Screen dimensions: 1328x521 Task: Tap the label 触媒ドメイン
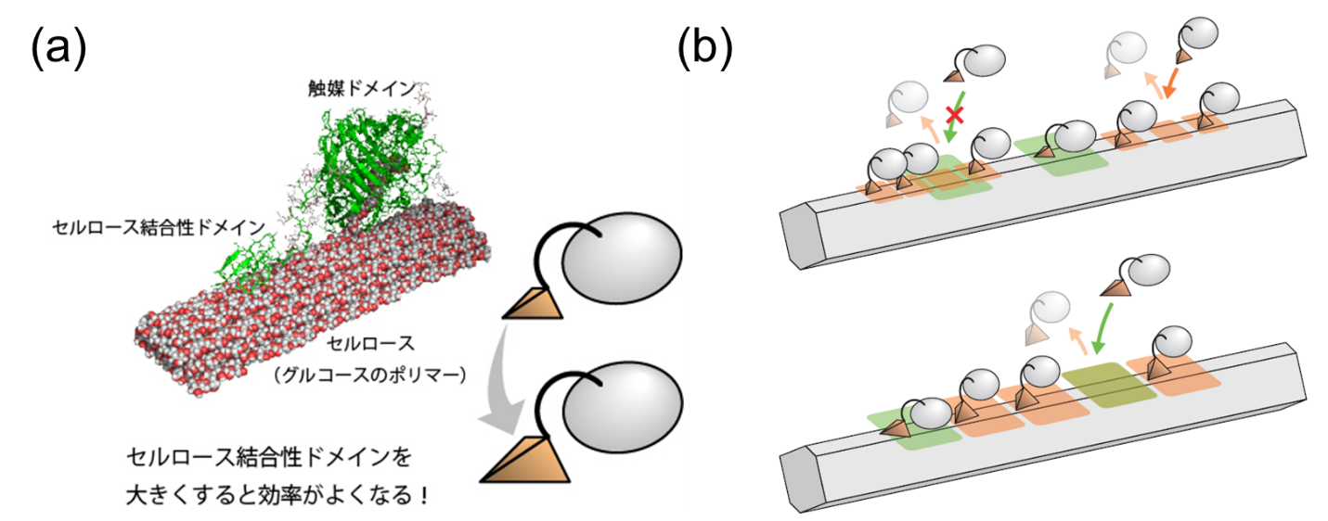tap(362, 89)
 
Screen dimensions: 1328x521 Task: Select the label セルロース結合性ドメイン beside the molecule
tap(159, 227)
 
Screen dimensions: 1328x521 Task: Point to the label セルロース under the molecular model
tap(371, 343)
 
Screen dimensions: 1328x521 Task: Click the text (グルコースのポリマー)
tap(370, 375)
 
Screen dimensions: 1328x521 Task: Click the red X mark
tap(955, 114)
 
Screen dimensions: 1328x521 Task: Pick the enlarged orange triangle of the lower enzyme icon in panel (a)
tap(525, 460)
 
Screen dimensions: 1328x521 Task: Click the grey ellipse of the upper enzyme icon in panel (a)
tap(622, 258)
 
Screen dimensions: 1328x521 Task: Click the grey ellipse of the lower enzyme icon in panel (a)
tap(623, 407)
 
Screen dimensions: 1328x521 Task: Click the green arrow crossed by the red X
tap(956, 117)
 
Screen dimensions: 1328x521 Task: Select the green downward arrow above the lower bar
tap(1103, 328)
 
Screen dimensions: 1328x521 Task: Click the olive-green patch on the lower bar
tap(1109, 385)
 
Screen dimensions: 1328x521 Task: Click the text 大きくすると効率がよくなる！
tap(277, 495)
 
